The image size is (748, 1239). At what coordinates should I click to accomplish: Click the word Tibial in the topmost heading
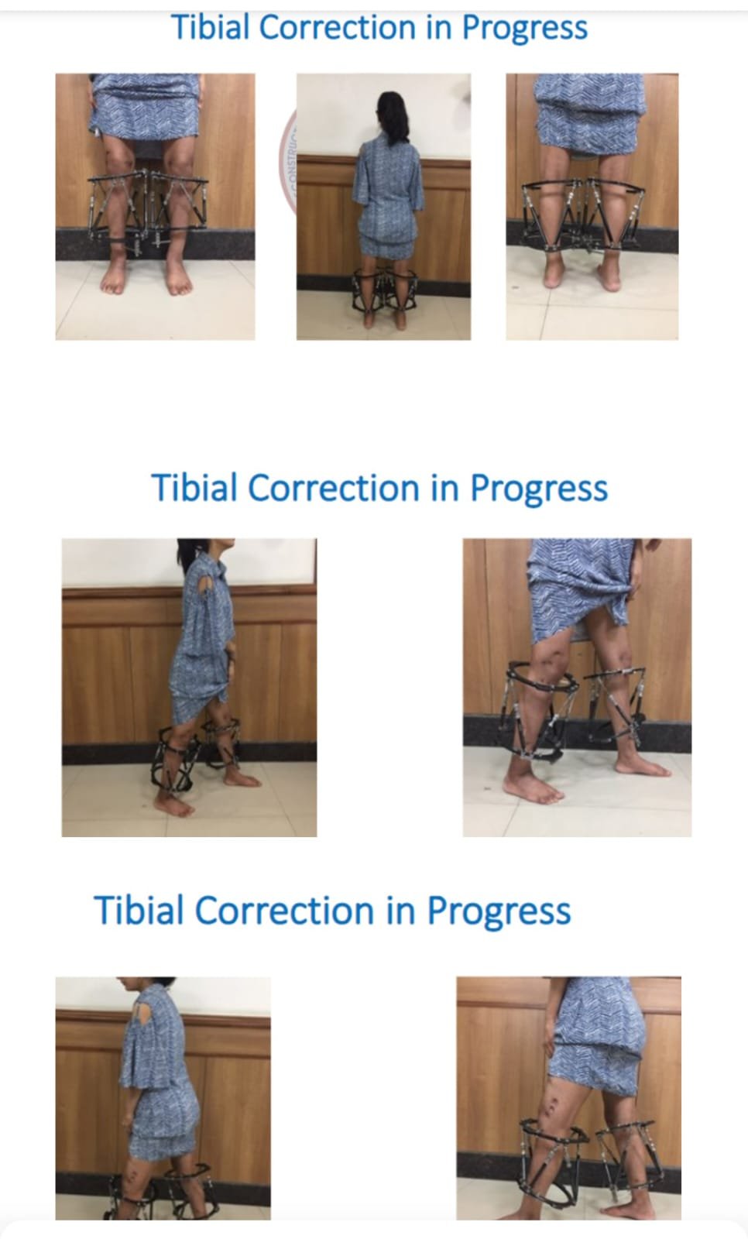(210, 28)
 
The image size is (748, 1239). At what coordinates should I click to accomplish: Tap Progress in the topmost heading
(524, 29)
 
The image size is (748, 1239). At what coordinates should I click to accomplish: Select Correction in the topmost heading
(338, 28)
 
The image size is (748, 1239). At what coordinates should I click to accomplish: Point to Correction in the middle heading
(333, 488)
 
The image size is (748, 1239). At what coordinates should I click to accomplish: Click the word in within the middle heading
(444, 488)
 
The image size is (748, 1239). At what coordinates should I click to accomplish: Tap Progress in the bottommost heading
(499, 911)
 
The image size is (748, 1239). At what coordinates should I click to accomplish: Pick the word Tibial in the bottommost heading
(139, 909)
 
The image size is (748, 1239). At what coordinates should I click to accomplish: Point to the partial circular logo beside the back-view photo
(288, 160)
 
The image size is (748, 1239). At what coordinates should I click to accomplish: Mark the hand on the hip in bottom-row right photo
(549, 1039)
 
